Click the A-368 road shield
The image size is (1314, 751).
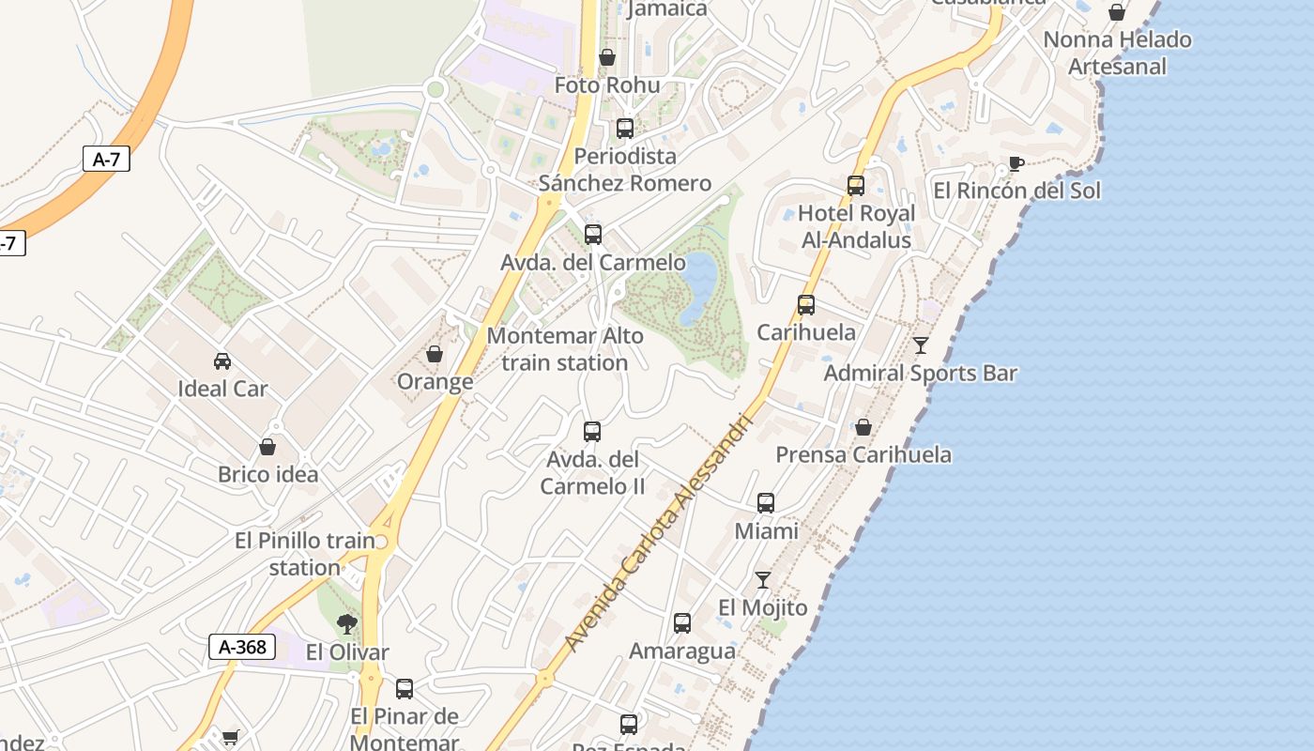[242, 647]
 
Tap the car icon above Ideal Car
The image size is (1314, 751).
[222, 361]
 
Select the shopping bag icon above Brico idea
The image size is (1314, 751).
[267, 447]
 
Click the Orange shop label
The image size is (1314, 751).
[435, 382]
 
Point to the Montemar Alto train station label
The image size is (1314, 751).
[565, 349]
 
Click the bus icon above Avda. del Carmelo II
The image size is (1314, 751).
[592, 432]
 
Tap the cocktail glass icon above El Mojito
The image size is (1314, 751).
[763, 580]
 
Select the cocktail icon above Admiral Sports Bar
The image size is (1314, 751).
[921, 345]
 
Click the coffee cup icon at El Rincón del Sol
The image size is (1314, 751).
[1016, 164]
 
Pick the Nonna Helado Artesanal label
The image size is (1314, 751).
[1117, 53]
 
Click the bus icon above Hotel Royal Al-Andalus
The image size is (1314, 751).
[856, 186]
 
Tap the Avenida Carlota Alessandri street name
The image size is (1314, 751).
[659, 533]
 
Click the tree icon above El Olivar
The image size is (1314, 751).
[347, 624]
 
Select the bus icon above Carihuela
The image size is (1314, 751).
[806, 305]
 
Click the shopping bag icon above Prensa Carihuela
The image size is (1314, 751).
[863, 427]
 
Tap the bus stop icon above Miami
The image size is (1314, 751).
[766, 503]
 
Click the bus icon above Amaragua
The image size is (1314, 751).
[682, 623]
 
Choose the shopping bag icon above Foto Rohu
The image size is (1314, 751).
[607, 58]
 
